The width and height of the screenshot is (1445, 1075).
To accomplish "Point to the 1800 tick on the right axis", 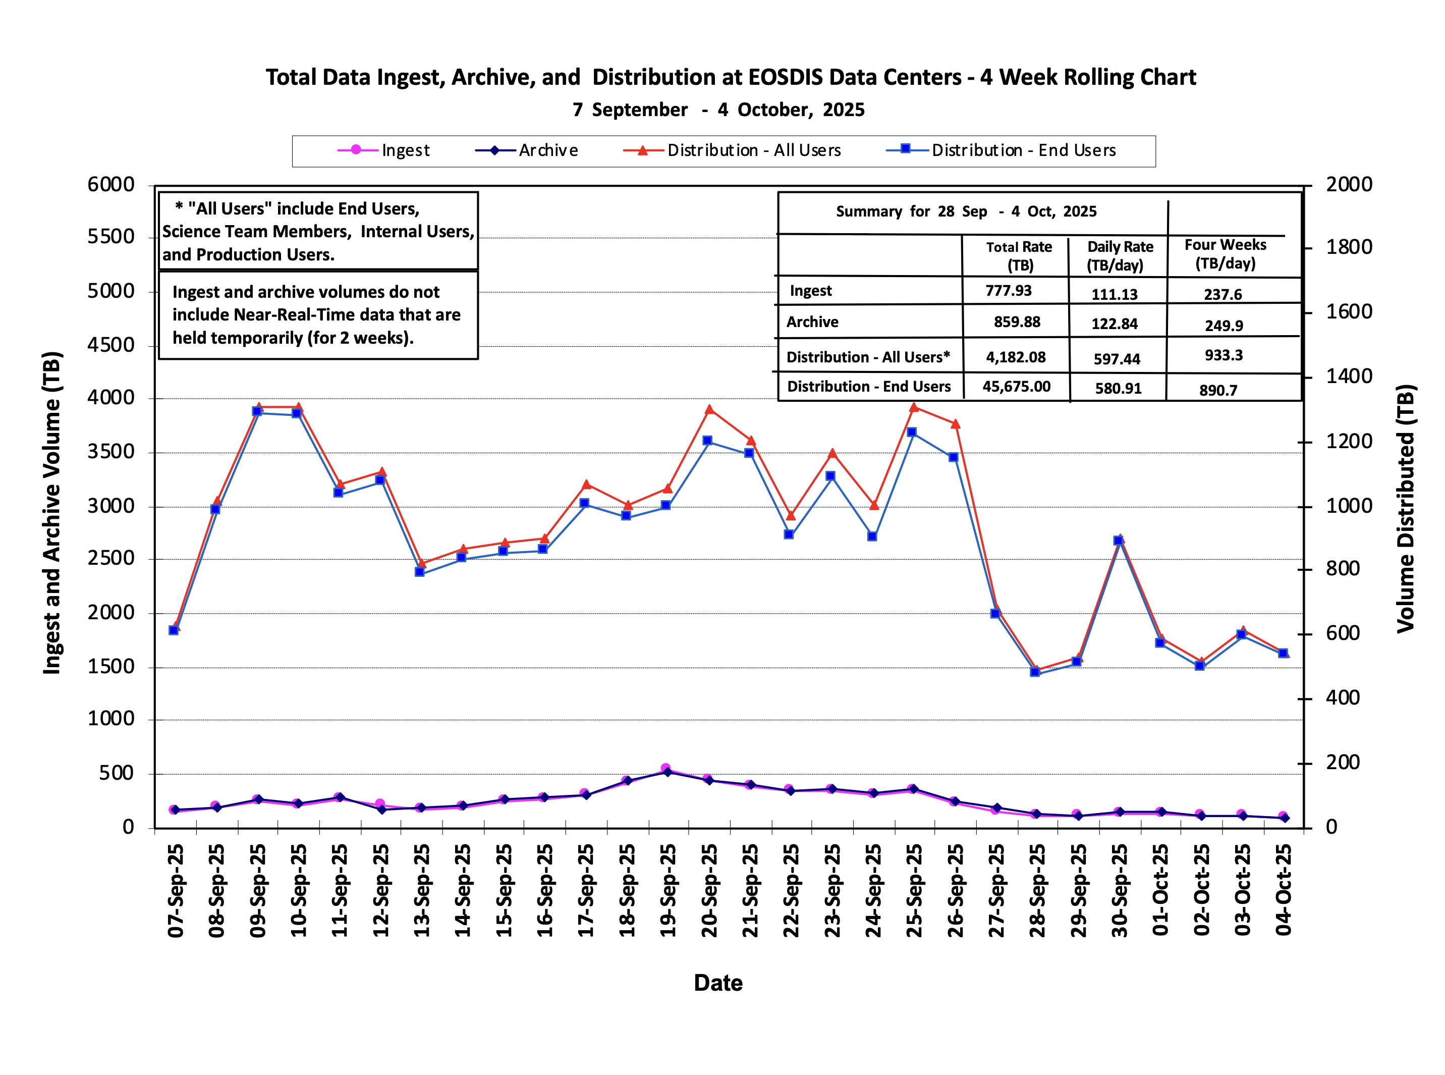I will pos(1349,247).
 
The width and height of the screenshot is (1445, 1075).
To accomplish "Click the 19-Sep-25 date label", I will pos(668,890).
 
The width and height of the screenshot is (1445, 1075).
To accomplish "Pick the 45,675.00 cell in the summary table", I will pos(1016,387).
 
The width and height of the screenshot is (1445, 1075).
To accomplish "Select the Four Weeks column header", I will pos(1225,254).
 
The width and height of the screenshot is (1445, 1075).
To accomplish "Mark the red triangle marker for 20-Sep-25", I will pos(710,410).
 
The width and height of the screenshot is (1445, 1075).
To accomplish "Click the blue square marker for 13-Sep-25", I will pos(420,572).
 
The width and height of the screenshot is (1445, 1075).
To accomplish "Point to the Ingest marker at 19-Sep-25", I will pos(665,769).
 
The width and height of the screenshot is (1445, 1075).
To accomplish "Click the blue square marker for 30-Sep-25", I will pos(1118,541).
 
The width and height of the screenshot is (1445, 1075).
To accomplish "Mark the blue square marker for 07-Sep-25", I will pos(174,630).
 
